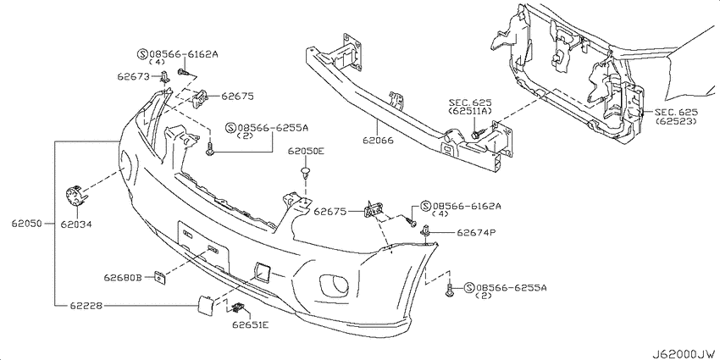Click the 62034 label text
75,224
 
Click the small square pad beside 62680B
159,275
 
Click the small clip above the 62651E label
237,307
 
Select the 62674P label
476,230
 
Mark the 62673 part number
133,76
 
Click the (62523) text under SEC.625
675,122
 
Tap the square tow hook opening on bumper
261,270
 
